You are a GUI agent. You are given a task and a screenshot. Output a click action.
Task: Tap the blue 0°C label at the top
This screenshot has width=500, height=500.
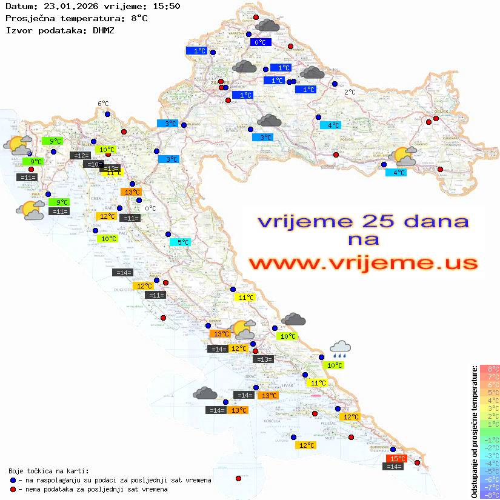click(x=260, y=42)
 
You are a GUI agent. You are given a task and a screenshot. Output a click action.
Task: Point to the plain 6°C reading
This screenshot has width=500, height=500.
click(x=103, y=104)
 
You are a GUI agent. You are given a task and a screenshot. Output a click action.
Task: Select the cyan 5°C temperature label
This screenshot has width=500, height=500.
click(x=180, y=242)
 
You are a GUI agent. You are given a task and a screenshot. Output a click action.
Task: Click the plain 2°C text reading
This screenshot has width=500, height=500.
click(x=350, y=92)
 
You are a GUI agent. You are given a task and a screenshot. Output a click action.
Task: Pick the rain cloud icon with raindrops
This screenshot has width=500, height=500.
click(x=340, y=348)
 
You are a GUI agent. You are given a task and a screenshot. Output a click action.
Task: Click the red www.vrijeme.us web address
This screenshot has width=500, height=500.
click(x=363, y=264)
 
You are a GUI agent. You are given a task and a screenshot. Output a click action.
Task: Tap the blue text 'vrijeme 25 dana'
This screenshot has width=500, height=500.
click(x=363, y=221)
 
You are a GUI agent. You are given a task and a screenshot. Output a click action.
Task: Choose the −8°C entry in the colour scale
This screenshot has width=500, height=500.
click(x=488, y=495)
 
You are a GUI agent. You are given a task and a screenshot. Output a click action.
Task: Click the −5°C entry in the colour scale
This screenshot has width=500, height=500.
click(x=488, y=471)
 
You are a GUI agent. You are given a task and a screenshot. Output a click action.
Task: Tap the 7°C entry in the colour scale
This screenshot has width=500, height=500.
click(x=488, y=376)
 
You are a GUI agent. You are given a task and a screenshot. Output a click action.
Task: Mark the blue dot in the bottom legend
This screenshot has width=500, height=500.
click(x=13, y=480)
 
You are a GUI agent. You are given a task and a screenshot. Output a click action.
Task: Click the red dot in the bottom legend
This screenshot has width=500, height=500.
click(x=13, y=489)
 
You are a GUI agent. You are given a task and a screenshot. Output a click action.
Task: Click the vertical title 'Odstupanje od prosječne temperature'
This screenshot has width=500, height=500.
click(x=474, y=432)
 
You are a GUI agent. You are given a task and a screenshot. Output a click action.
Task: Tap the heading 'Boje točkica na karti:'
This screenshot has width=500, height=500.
click(x=48, y=471)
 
